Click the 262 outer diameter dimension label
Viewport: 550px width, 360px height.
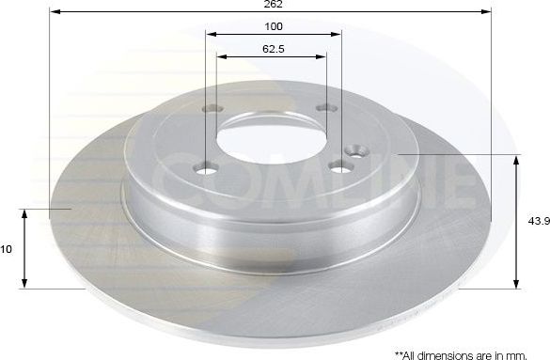point(274,5)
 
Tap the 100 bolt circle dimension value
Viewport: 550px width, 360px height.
point(274,26)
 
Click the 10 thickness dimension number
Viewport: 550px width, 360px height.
point(7,249)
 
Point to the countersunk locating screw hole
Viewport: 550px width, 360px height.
point(356,149)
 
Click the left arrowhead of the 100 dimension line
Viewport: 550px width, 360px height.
point(212,35)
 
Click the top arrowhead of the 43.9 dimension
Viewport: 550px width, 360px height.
point(515,161)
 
